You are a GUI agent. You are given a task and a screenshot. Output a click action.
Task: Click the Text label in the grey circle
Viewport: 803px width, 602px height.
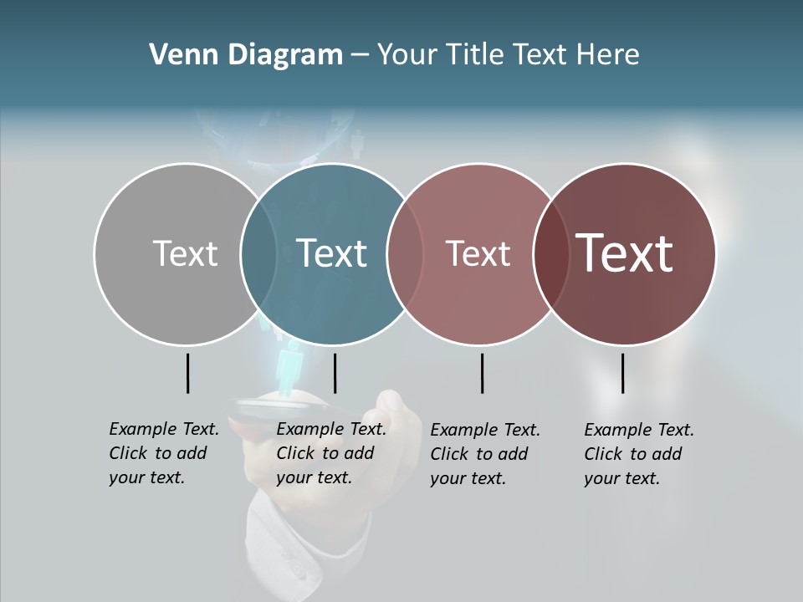[185, 253]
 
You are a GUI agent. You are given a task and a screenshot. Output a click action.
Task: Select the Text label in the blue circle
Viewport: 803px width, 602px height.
[331, 253]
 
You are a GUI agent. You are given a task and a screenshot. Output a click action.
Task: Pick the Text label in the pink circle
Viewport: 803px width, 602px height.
[478, 253]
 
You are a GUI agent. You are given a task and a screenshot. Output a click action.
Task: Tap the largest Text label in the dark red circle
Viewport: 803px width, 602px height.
[625, 253]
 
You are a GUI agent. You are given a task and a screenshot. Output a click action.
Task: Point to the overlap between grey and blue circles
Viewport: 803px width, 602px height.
[258, 254]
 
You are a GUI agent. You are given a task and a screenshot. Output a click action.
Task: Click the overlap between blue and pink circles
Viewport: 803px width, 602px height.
[405, 254]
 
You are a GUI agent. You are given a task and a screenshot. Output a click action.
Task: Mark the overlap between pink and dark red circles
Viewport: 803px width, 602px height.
[550, 254]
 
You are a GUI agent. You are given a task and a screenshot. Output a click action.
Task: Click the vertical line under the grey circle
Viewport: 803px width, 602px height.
[188, 373]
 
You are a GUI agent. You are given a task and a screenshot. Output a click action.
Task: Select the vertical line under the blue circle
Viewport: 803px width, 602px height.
[335, 373]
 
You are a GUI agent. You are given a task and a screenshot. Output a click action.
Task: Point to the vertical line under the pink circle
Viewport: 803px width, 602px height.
[483, 373]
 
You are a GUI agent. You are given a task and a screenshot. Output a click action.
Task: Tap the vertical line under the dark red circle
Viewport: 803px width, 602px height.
[623, 373]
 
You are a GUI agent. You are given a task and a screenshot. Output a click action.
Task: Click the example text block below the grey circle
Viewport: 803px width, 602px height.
[164, 453]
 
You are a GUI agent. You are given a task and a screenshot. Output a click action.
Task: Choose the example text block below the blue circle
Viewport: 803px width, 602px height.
[331, 453]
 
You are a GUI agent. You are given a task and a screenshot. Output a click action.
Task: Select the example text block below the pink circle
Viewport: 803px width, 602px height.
[485, 454]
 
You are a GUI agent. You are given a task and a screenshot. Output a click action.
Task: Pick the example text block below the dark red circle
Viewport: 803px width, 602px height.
[639, 454]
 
